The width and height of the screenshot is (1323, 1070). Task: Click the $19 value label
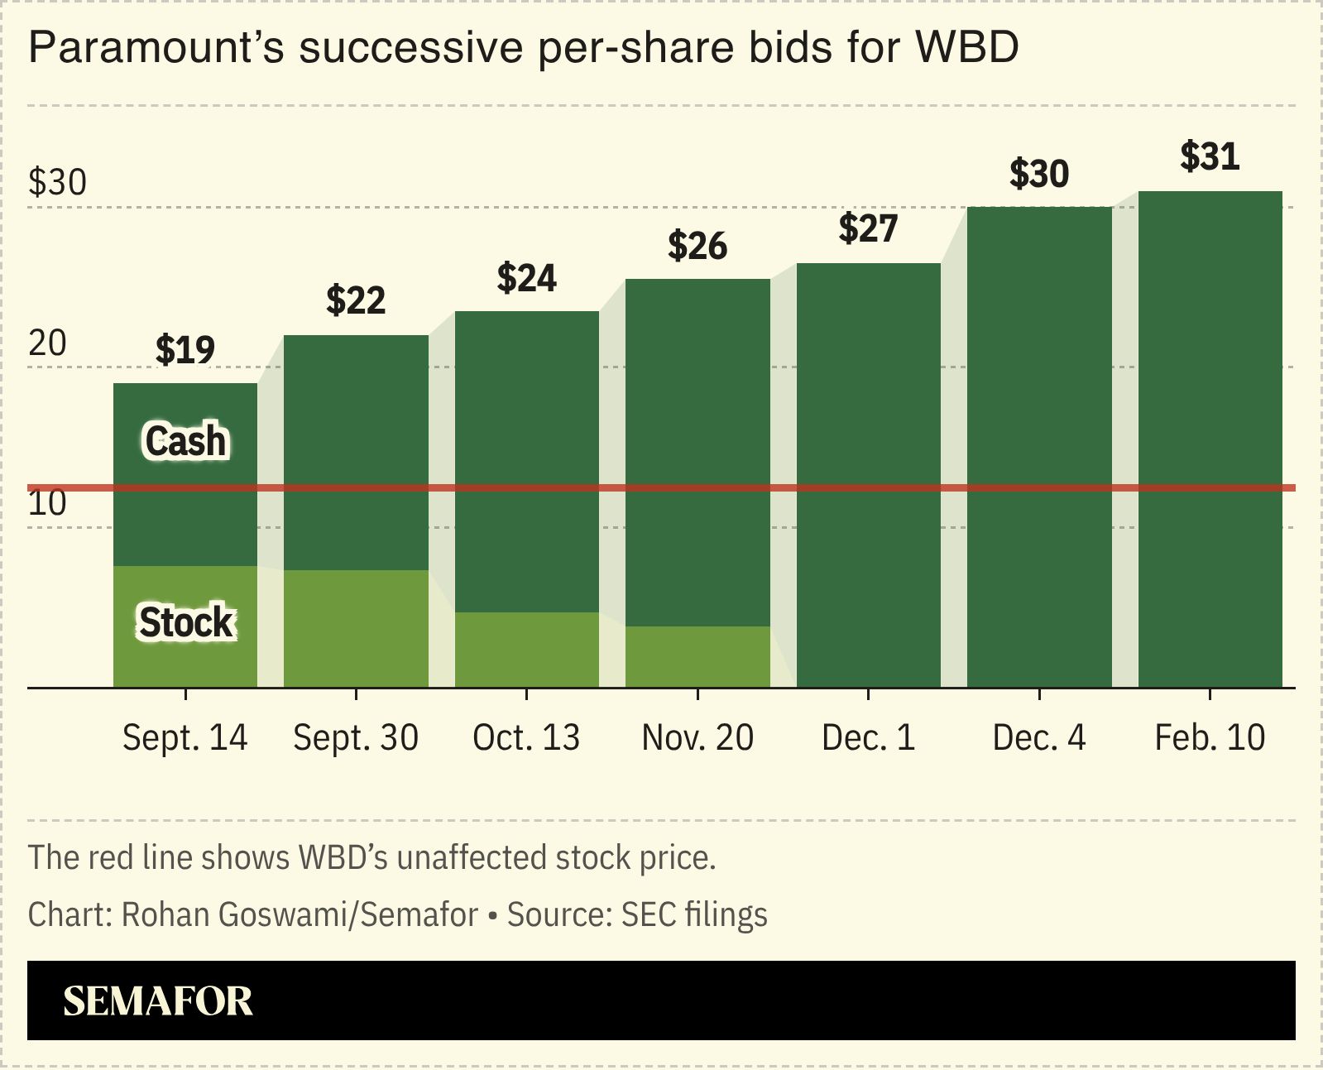pos(185,349)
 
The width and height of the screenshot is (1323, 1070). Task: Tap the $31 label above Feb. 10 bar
pos(1210,156)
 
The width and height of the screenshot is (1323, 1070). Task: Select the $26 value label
pos(697,246)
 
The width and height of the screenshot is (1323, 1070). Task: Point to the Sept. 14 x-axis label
pos(185,737)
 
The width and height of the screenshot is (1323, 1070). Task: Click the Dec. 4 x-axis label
pos(1038,737)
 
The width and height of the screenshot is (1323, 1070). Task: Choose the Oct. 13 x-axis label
pos(526,737)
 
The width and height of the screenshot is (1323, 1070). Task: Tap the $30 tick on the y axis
pos(57,182)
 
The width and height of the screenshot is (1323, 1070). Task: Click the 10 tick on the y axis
pos(47,503)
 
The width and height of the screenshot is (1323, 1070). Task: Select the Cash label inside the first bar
pos(185,440)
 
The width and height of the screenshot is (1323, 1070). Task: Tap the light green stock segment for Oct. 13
pos(526,650)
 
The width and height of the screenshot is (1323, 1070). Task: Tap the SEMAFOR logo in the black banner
pos(158,1001)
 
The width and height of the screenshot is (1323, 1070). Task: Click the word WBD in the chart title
pos(966,47)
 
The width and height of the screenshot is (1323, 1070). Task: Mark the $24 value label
pos(526,278)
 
